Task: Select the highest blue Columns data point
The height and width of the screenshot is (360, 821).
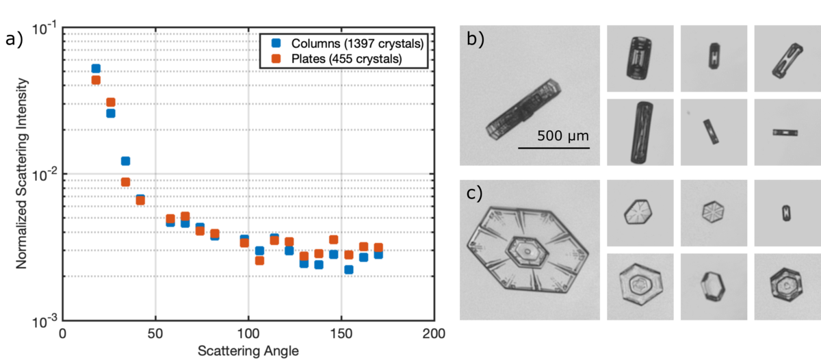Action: [96, 68]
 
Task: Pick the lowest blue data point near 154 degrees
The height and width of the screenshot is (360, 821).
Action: [348, 270]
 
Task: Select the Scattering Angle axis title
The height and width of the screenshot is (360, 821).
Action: [248, 351]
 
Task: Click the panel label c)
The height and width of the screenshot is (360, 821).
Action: [473, 194]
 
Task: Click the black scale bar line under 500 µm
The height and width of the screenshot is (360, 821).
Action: [553, 147]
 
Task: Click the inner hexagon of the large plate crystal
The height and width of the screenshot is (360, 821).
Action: [527, 254]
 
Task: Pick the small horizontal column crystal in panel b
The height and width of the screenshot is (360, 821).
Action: [785, 132]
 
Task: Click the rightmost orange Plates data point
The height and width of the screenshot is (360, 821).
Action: [378, 248]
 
